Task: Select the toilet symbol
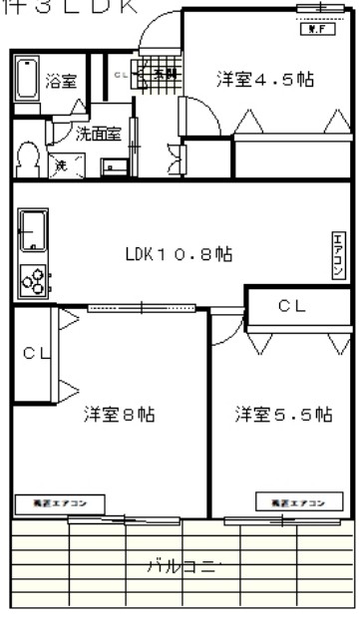[27, 158]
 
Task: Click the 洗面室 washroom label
[99, 133]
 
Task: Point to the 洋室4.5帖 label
[265, 80]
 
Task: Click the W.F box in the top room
[312, 28]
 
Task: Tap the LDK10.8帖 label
[180, 254]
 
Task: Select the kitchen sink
[33, 231]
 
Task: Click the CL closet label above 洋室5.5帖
[291, 306]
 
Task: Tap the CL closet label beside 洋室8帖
[36, 353]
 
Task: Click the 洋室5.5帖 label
[283, 415]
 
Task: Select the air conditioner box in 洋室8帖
[51, 502]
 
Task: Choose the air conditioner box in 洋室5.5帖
[292, 501]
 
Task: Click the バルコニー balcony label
[183, 567]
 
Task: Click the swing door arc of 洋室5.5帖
[224, 329]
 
